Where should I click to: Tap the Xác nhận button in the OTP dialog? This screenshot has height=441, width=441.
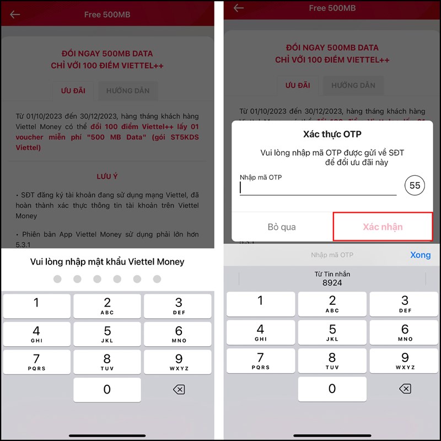point(383,227)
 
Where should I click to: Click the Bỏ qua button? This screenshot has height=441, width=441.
point(282,227)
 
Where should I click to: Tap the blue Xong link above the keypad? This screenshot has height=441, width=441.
point(420,255)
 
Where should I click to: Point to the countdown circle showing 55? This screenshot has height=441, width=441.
point(415,186)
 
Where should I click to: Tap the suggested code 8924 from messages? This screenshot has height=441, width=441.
point(332,278)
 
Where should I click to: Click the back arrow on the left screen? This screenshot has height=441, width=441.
point(15,14)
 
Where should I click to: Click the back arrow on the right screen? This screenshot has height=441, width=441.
point(239,8)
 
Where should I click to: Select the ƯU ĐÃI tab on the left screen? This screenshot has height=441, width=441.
point(73,90)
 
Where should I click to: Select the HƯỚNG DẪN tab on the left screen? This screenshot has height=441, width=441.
point(128,90)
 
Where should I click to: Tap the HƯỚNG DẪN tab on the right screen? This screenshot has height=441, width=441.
point(353,85)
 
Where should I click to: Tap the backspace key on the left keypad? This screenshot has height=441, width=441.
point(179,389)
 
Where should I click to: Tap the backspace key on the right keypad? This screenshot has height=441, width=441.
point(405,389)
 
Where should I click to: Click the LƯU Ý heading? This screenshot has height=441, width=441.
point(107,176)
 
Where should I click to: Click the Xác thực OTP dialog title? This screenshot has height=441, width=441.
point(332,134)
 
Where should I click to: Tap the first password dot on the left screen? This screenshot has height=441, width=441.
point(57,279)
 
